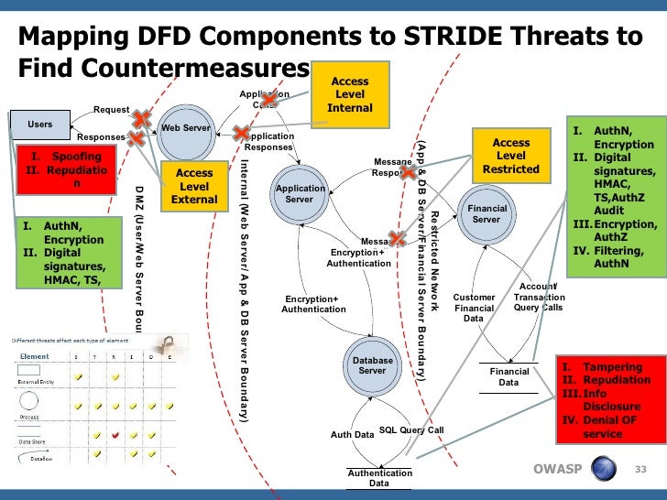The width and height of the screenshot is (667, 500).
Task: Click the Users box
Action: tap(39, 124)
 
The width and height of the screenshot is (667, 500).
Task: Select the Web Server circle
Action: tap(185, 129)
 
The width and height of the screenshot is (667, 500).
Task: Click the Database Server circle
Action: tap(373, 365)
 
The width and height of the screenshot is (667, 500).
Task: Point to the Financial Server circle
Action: tap(486, 213)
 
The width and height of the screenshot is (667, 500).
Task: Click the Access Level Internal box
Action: tap(350, 94)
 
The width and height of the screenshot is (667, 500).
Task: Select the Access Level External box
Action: tap(194, 186)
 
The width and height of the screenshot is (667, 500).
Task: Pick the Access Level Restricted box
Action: tap(510, 157)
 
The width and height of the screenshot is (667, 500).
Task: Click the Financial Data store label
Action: tap(508, 377)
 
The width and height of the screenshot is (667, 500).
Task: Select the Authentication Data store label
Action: tap(378, 478)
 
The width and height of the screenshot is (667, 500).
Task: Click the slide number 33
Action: tap(640, 470)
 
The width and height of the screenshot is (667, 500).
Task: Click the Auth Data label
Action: tap(352, 435)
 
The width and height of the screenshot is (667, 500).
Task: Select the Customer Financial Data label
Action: tap(475, 308)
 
